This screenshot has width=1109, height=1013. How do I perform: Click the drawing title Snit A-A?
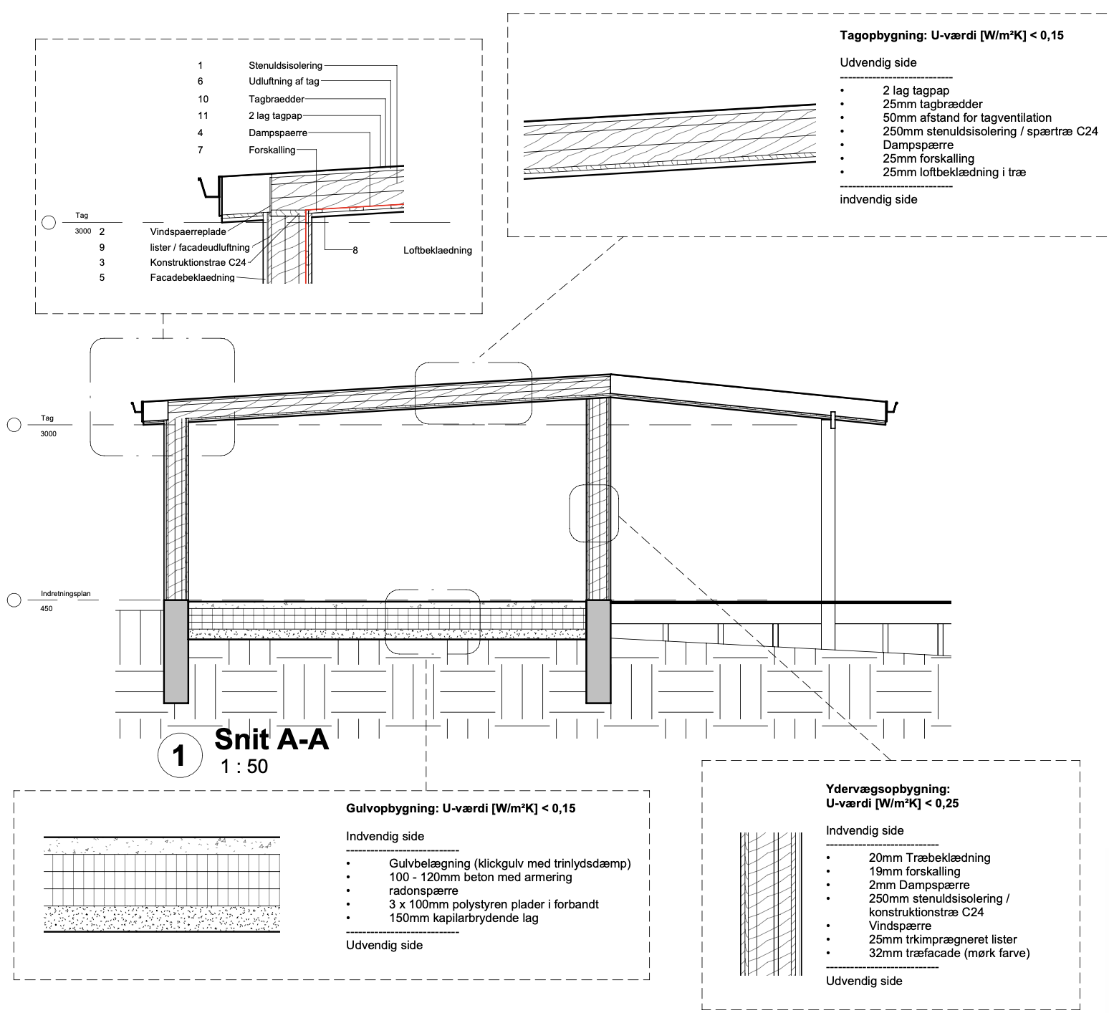pos(272,739)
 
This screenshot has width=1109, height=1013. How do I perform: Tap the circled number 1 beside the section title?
pos(179,756)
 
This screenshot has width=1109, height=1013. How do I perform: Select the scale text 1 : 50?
pos(244,767)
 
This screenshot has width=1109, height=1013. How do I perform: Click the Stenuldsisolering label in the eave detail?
pos(286,65)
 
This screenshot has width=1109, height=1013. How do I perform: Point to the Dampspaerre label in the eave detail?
pos(278,133)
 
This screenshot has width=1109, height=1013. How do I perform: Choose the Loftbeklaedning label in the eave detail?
pos(438,250)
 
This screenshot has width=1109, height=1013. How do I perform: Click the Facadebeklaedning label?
pos(193,277)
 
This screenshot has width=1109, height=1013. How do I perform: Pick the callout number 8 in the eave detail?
pos(355,250)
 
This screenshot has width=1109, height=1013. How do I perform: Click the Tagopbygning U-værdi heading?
pos(951,35)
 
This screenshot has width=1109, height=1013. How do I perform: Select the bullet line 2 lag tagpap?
pos(916,90)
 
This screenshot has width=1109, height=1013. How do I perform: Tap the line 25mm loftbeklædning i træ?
pos(954,172)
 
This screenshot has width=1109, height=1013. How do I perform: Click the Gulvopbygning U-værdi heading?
pos(461,809)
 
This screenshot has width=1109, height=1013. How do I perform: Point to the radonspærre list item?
pos(423,891)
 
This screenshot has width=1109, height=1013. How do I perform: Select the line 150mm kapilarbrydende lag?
pos(464,918)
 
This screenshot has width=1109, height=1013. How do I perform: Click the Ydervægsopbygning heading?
pos(888,789)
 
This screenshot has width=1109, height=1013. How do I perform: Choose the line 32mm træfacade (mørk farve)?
pos(949,953)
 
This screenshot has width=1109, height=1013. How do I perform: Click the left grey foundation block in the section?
pos(176,651)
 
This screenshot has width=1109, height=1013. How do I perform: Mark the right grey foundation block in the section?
pos(598,651)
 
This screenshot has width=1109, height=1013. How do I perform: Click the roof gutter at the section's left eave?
pos(137,408)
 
